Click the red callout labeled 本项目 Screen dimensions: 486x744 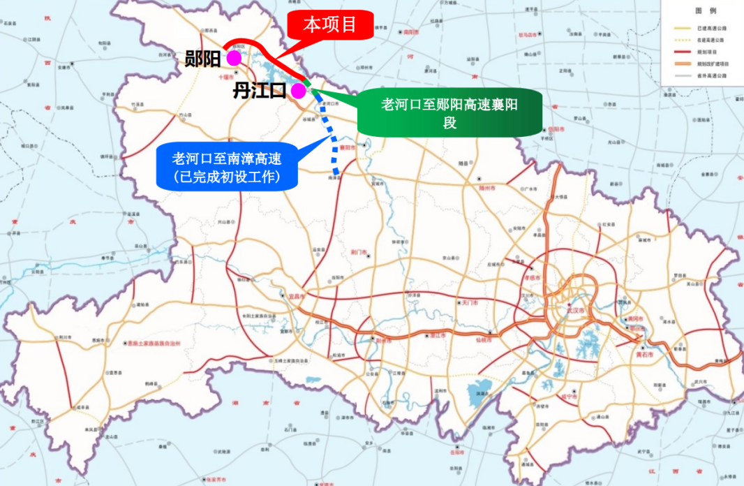pos(329,26)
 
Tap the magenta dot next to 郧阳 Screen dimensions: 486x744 pos(234,57)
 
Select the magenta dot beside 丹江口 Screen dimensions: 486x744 pos(298,90)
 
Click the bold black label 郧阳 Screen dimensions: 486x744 pos(202,59)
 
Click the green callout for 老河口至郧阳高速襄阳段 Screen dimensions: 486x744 pos(449,112)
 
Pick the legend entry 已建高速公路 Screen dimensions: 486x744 pos(711,28)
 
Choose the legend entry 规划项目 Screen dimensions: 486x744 pos(707,51)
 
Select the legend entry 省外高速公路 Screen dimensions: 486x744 pos(711,75)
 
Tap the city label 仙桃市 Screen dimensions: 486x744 pos(484,340)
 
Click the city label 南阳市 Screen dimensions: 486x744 pos(410,33)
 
